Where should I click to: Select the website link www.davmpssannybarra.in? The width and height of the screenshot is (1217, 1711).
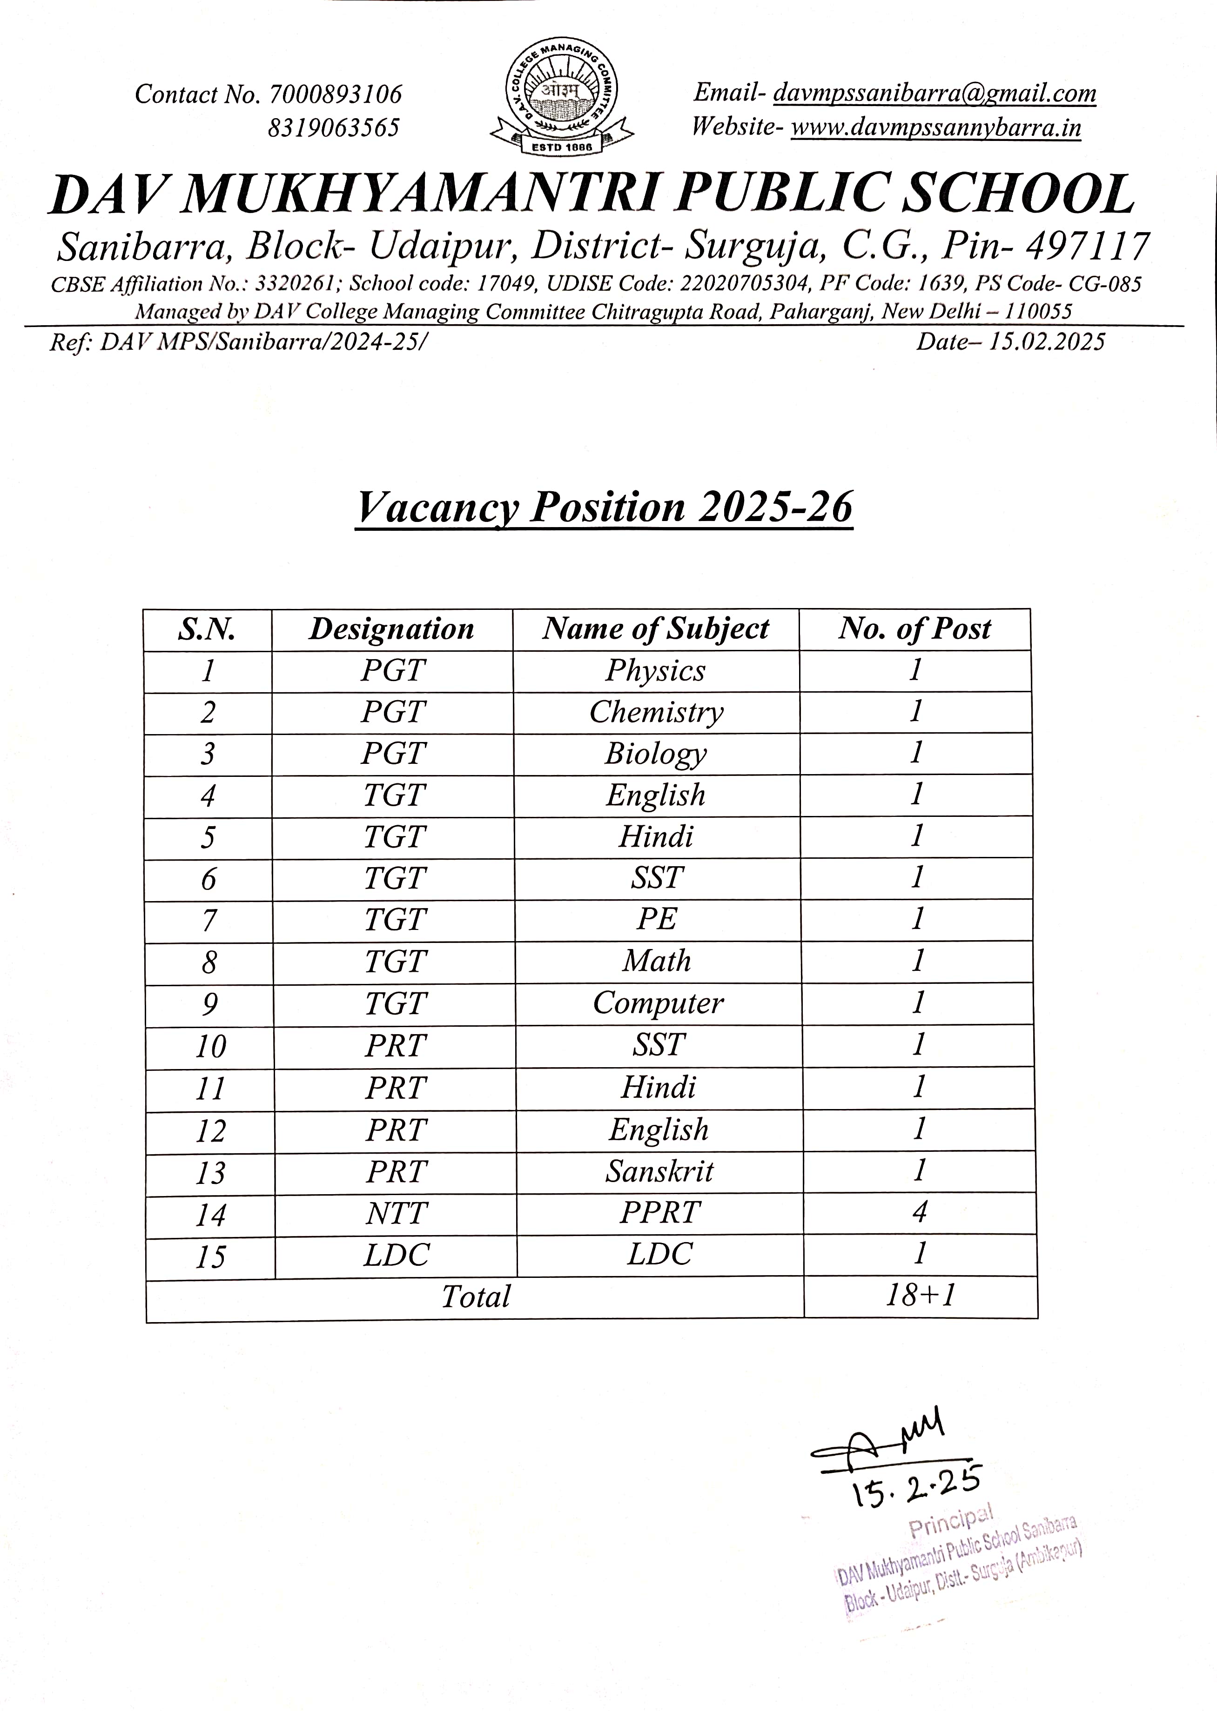click(936, 127)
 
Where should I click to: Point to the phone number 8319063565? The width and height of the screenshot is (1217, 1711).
click(334, 128)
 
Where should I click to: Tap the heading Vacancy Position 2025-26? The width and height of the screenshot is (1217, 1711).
click(604, 507)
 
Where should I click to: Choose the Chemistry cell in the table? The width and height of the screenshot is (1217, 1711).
click(657, 712)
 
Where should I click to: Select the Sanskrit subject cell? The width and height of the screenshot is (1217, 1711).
click(659, 1171)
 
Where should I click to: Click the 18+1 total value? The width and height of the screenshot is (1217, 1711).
click(920, 1295)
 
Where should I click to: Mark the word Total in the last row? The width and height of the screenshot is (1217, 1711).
click(475, 1297)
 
